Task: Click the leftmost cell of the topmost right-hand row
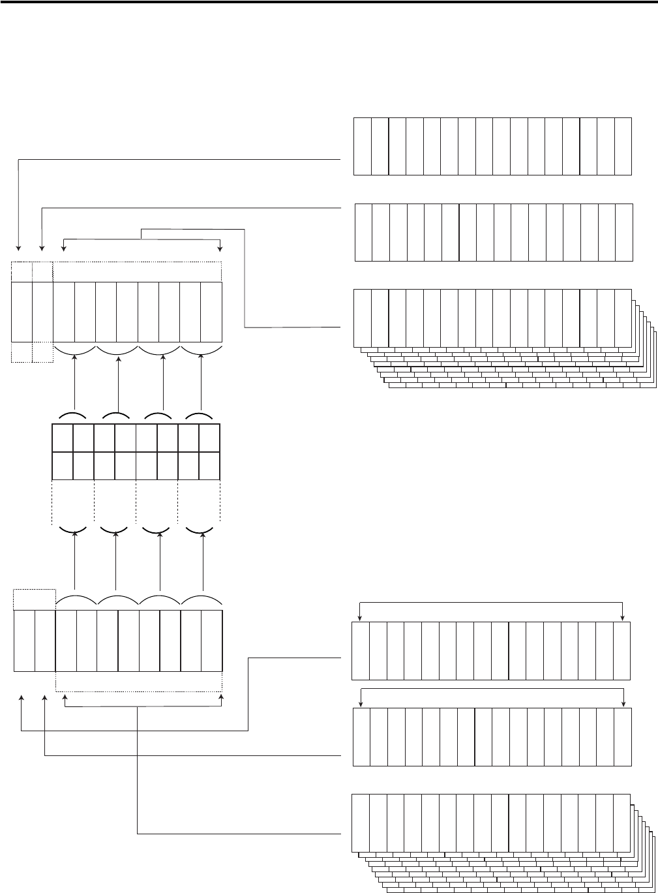363,146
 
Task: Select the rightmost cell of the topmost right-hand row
623,146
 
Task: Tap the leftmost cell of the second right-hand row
364,232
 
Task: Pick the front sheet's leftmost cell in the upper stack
363,318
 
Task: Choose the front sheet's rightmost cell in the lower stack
621,823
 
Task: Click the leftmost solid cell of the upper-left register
22,312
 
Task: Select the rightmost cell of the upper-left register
211,312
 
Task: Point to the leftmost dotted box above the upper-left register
22,272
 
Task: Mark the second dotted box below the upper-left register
43,352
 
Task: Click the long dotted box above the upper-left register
137,272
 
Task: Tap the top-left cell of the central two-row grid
62,437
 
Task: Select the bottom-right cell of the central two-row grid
209,465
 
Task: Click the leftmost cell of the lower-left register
24,641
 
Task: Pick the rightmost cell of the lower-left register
212,641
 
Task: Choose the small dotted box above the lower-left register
35,598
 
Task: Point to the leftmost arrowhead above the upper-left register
19,248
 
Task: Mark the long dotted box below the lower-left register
139,681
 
